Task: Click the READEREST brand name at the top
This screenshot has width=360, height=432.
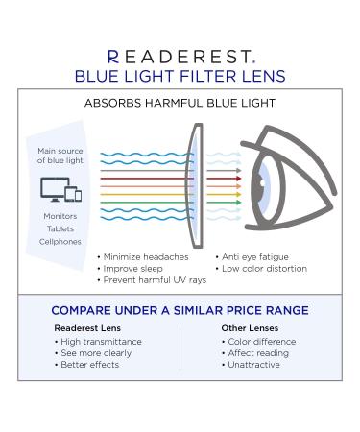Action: (x=180, y=57)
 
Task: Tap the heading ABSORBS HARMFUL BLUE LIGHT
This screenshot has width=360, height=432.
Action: (x=180, y=102)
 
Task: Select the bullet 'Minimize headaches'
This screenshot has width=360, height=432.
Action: (x=140, y=256)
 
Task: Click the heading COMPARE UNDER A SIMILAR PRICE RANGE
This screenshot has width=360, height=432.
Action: (x=180, y=310)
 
